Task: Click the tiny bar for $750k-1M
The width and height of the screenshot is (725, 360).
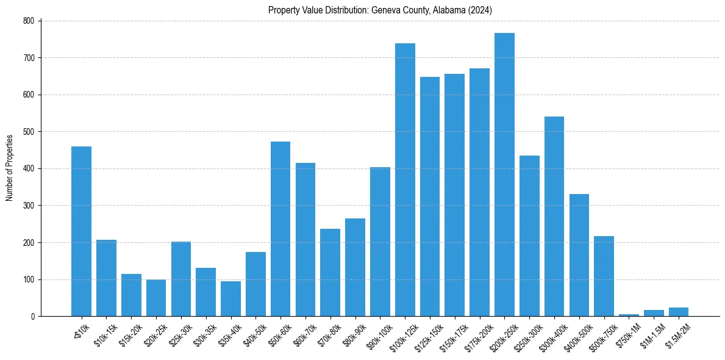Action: [629, 315]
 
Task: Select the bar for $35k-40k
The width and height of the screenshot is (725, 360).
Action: [230, 299]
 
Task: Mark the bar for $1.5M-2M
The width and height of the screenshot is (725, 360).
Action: [679, 312]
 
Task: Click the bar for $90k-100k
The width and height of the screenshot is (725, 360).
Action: [380, 242]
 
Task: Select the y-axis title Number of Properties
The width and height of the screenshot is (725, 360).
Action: [10, 168]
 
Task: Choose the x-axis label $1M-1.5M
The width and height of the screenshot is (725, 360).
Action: [651, 333]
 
